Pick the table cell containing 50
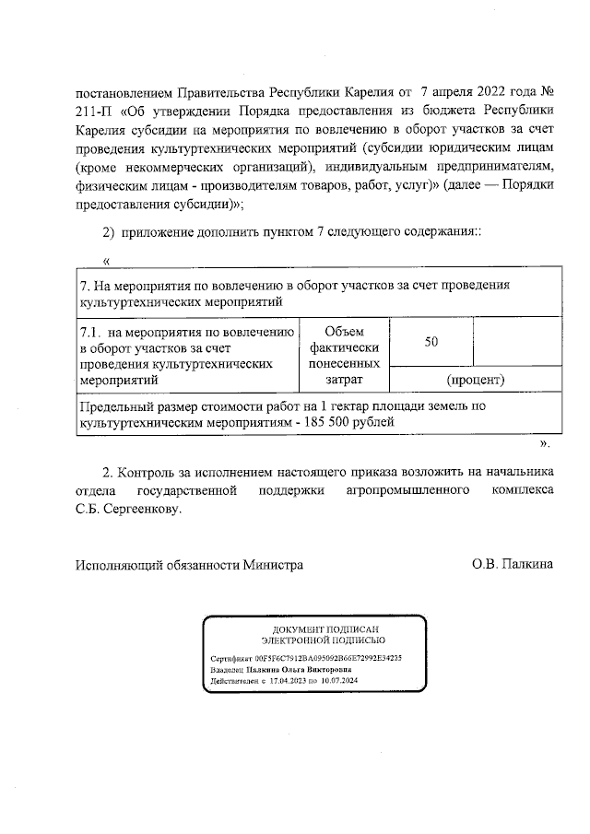[431, 342]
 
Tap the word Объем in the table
[346, 332]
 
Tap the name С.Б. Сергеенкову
[130, 508]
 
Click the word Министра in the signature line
[273, 564]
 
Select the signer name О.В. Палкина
[513, 564]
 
